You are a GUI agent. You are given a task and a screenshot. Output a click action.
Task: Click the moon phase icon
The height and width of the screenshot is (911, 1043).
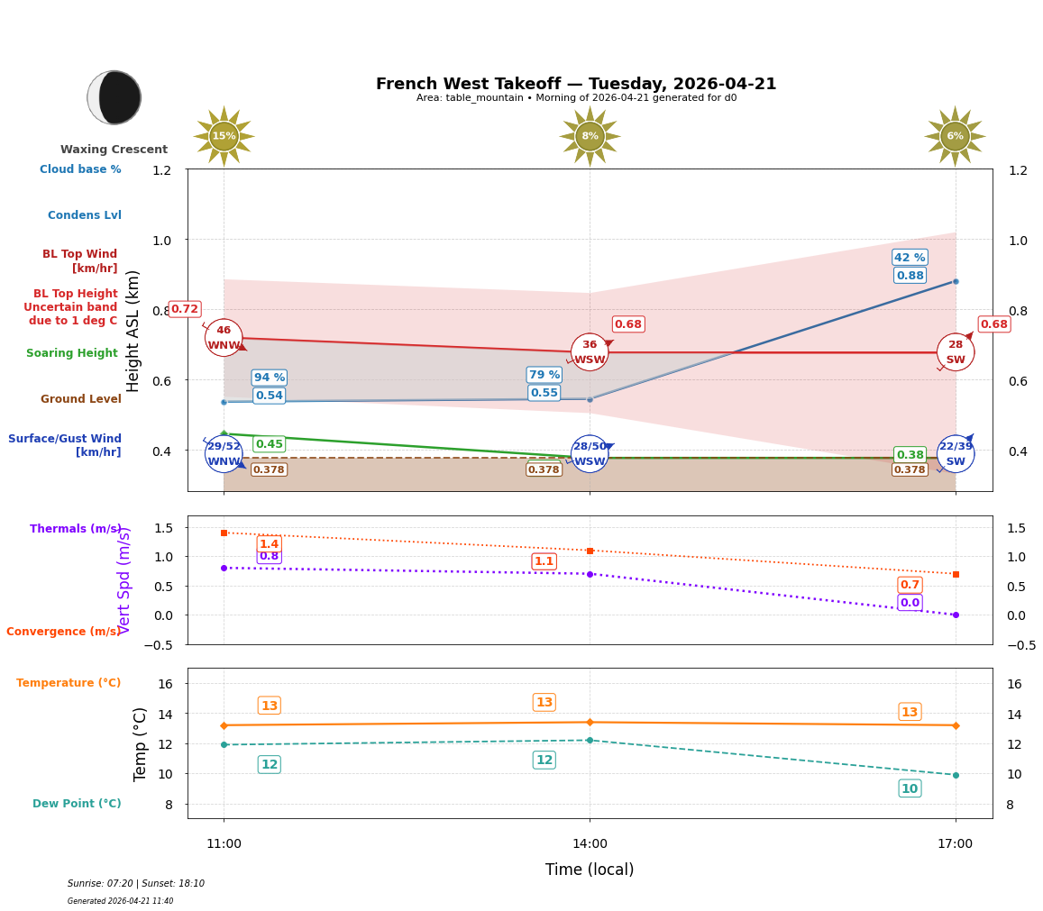114,97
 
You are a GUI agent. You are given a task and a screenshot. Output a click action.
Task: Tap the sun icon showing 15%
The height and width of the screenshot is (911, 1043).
224,136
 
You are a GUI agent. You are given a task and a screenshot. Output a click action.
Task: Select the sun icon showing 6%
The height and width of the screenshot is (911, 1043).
955,136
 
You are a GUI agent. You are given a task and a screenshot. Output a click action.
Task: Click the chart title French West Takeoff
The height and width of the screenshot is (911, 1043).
575,84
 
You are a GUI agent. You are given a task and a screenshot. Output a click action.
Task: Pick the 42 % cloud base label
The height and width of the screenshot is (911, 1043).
910,258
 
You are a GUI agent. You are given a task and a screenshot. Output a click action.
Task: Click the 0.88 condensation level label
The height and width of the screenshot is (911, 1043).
910,276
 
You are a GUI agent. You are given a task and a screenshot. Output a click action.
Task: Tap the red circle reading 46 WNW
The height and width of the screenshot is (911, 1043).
224,338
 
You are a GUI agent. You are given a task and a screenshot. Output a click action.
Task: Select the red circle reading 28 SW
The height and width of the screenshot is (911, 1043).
955,352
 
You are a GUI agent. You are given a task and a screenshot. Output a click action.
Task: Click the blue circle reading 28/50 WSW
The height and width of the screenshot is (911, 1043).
590,454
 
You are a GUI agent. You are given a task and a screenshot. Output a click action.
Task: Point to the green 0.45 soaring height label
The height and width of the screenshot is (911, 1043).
269,444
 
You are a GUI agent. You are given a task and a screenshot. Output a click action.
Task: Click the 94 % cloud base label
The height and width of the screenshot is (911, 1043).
269,378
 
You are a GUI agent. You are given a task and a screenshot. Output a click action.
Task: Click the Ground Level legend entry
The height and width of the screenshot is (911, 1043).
81,399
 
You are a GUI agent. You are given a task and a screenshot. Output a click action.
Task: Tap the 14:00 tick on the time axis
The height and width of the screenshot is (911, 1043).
590,844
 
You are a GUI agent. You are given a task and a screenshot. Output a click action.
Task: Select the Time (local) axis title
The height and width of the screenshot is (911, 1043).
590,870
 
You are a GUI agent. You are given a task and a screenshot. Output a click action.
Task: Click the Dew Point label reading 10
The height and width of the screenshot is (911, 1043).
910,788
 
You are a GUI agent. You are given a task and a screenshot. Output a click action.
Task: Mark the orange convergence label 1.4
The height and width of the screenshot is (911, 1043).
269,544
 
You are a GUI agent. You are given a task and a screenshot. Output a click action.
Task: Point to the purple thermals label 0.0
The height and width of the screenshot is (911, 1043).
910,603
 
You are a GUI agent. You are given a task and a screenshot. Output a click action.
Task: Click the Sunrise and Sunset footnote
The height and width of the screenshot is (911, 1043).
136,884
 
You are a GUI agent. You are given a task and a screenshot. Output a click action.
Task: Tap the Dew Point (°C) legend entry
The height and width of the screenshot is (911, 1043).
77,804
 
